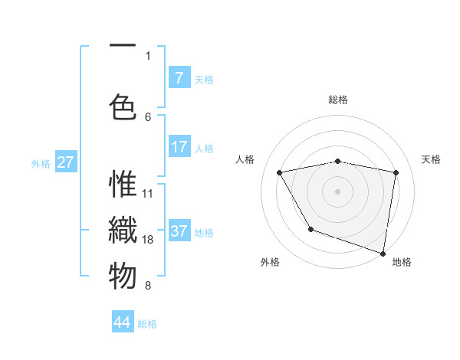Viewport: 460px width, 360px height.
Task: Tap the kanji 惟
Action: [123, 185]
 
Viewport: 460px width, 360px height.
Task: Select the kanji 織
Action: [123, 231]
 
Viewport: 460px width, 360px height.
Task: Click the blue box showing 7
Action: [179, 77]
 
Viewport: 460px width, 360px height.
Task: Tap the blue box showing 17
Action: [179, 147]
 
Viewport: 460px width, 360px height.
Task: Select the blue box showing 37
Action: [179, 231]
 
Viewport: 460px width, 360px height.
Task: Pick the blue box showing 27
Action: [66, 162]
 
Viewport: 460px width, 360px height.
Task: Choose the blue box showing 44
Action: [123, 322]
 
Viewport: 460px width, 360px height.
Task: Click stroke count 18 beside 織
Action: [149, 240]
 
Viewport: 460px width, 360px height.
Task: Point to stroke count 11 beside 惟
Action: [149, 194]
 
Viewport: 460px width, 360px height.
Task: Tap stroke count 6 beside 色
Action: [148, 116]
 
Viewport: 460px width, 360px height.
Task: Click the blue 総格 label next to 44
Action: [147, 324]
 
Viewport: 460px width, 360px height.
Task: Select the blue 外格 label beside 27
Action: [41, 163]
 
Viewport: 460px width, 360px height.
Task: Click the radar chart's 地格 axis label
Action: [402, 262]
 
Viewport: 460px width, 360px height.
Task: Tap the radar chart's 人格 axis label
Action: [245, 159]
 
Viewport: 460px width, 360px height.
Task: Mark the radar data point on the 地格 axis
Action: [383, 252]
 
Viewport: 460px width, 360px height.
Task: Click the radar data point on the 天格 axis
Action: [396, 172]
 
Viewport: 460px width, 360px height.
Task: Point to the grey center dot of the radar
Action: [337, 191]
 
